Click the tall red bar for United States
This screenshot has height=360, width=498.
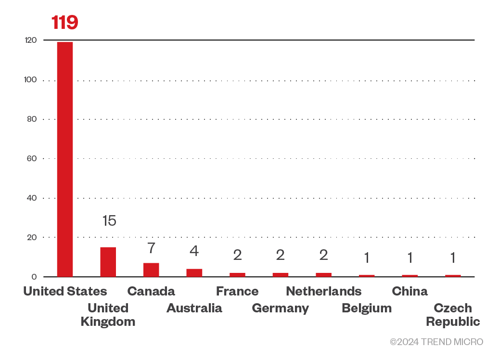(x=65, y=159)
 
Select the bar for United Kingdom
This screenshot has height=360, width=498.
(x=108, y=262)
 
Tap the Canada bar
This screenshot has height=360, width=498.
(x=151, y=270)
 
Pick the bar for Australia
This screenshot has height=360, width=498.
(x=194, y=272)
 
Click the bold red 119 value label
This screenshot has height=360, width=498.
(x=65, y=23)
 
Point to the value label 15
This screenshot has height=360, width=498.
(x=109, y=221)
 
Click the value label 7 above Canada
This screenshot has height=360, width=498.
(x=151, y=248)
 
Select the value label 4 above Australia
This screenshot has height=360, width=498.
(x=194, y=251)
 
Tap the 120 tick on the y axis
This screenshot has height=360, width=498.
(x=31, y=40)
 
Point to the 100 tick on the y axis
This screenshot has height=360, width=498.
(x=31, y=79)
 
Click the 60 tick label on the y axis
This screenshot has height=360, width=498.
(x=32, y=158)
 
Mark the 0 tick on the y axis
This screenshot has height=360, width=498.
(x=34, y=277)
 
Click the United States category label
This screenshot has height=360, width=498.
(x=65, y=291)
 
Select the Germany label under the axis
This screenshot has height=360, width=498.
(x=280, y=309)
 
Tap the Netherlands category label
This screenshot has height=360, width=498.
(x=323, y=291)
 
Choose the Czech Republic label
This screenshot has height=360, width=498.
(x=453, y=315)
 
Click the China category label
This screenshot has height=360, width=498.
(x=409, y=291)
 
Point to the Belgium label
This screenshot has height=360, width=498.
(x=367, y=309)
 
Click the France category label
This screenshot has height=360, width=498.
(x=237, y=291)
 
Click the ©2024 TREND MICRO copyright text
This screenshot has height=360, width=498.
(x=436, y=342)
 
